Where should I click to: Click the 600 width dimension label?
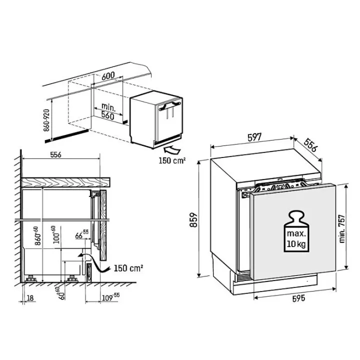(108, 76)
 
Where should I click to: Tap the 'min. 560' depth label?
(108, 111)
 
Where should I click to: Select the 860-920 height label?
(46, 120)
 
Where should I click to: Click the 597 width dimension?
(254, 137)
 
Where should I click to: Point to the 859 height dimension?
(194, 219)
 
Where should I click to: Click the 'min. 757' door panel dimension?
(342, 228)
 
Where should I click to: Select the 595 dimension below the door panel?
(298, 298)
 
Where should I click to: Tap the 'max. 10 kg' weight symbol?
(296, 231)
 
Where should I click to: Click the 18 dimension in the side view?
(30, 298)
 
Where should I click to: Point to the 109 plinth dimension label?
(110, 297)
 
